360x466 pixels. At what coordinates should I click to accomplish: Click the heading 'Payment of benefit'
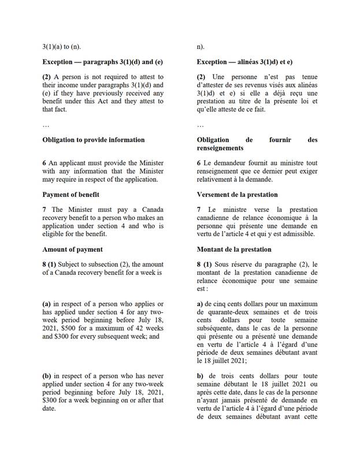pos(73,195)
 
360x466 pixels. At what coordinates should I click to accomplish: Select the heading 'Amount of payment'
pos(72,249)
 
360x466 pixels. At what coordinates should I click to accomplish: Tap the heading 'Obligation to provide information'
pos(94,140)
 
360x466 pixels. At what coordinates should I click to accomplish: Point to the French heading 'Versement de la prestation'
pos(237,195)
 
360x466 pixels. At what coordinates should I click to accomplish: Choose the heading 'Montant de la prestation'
pos(233,249)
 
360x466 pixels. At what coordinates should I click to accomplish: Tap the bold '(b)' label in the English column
pos(48,376)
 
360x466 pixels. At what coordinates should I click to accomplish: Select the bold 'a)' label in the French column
pos(200,304)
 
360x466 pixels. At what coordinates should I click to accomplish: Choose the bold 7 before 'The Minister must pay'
pos(44,209)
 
